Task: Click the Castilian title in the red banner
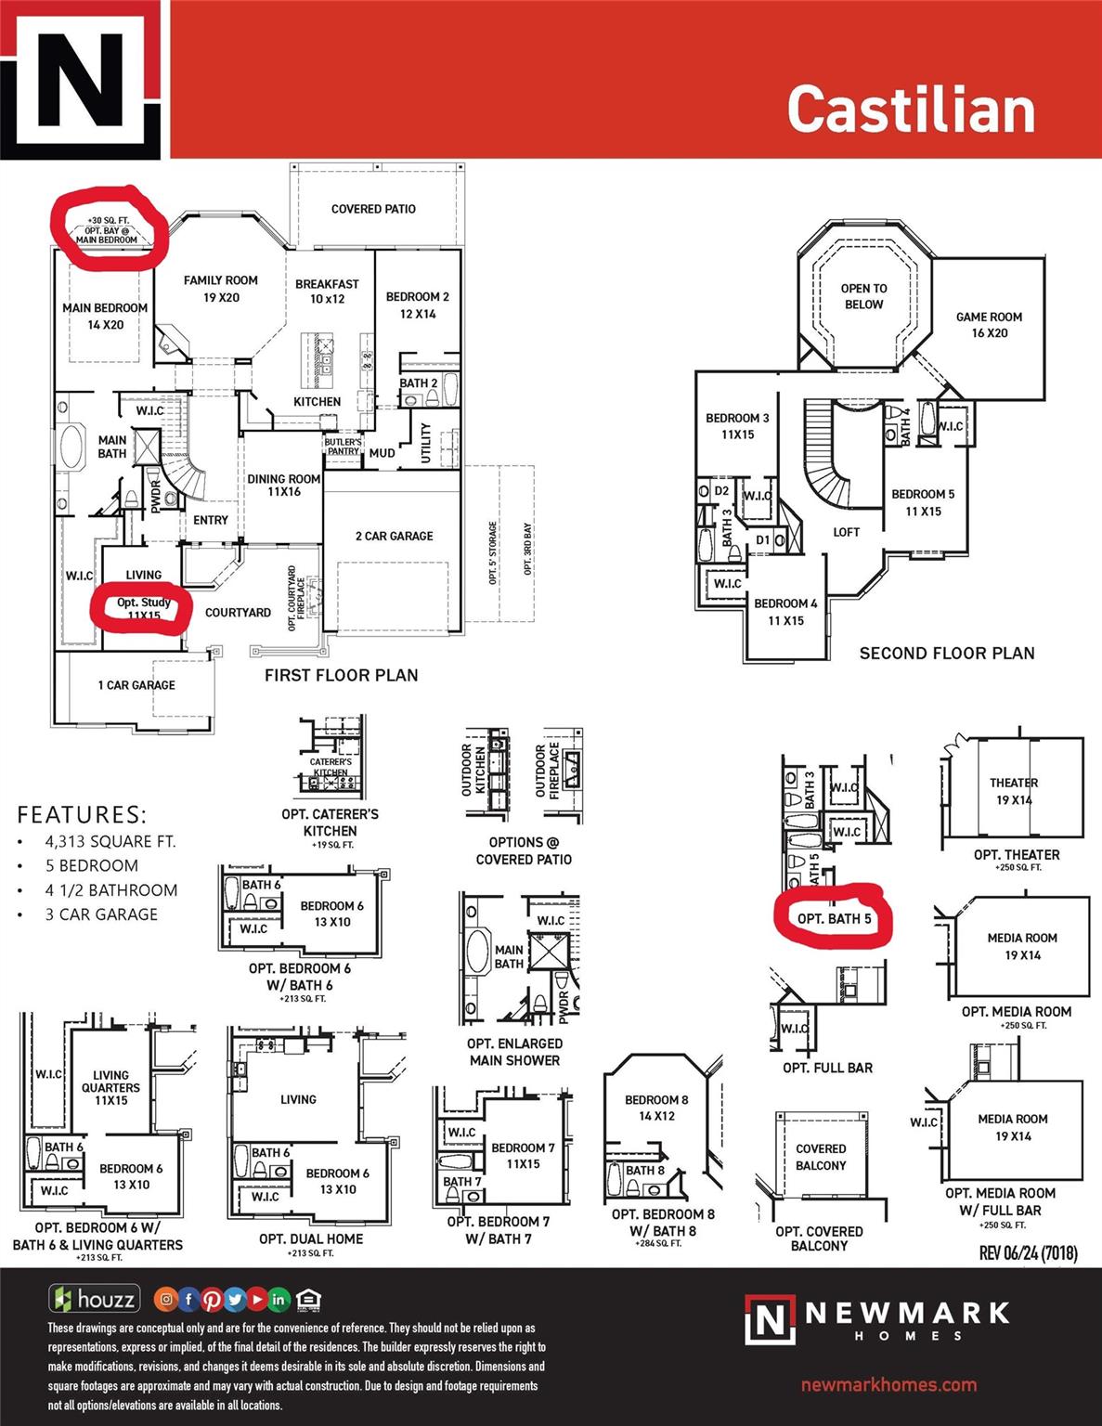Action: click(911, 109)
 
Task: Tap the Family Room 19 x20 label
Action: click(220, 289)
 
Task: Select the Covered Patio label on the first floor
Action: click(373, 209)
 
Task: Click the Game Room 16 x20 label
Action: click(989, 325)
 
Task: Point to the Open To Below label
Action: click(863, 296)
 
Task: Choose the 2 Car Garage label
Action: click(394, 536)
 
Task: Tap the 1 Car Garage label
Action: click(136, 685)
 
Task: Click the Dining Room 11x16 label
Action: click(283, 485)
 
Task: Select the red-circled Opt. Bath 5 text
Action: click(834, 919)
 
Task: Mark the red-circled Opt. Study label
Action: click(143, 608)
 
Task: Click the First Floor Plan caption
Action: click(341, 675)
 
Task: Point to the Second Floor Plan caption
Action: click(946, 653)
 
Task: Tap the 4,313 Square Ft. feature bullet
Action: click(110, 842)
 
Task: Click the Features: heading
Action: click(82, 815)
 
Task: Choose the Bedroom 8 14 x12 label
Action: click(656, 1108)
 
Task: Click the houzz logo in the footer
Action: click(94, 1299)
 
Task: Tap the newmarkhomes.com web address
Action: click(888, 1384)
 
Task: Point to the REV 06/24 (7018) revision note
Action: click(1028, 1253)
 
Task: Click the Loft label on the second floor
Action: click(846, 532)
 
